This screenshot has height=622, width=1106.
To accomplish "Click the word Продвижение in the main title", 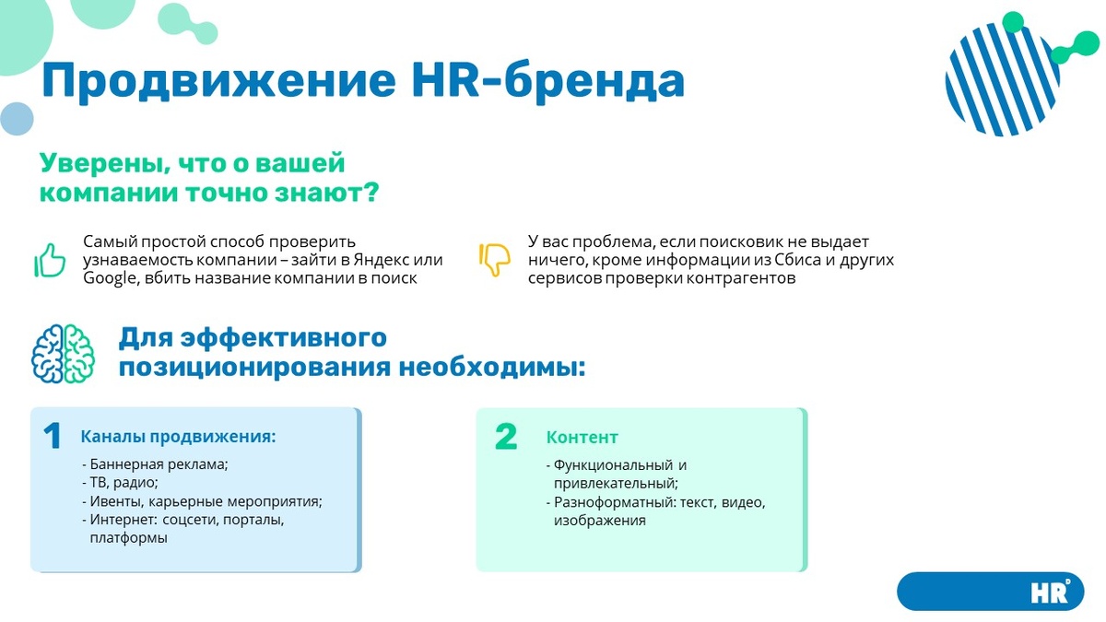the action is point(219,80).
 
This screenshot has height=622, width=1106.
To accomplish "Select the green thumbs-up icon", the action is point(50,260).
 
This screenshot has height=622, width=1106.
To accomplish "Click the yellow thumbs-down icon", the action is point(495,259).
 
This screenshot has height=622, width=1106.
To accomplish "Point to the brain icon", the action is point(63,354).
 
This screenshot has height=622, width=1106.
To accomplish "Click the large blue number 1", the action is point(53,437).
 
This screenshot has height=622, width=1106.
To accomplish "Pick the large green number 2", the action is point(506,437).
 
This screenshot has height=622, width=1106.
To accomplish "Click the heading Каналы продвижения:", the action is point(178,437).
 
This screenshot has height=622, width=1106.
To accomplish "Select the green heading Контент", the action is point(582,438).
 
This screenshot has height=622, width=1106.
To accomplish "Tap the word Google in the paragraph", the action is point(109,278).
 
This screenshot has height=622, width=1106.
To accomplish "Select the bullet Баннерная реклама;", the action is point(155,465).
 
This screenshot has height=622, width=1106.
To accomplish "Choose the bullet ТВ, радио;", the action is point(120,483).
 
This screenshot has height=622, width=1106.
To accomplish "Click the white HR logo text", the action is point(1051,592).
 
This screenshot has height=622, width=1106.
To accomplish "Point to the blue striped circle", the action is point(1003,79).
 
